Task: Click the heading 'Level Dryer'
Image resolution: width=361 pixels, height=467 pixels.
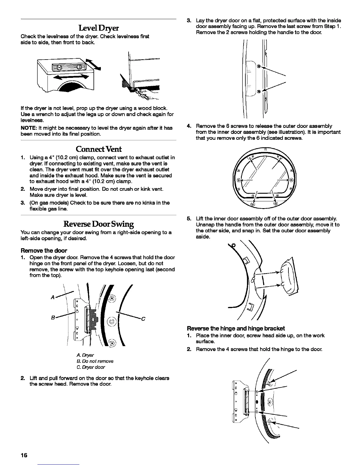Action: click(x=98, y=28)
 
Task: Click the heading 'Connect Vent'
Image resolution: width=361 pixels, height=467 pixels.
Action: click(x=98, y=149)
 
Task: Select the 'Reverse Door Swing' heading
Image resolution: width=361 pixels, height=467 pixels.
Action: click(x=99, y=224)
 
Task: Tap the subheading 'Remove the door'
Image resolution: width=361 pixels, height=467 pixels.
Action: click(x=44, y=251)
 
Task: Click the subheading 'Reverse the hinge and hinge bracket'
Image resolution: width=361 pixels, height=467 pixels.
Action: click(x=236, y=328)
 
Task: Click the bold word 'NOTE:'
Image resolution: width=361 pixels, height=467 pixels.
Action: click(x=28, y=128)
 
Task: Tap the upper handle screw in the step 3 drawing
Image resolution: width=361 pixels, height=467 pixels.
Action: click(x=258, y=66)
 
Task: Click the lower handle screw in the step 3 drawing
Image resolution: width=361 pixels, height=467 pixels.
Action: click(x=258, y=91)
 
